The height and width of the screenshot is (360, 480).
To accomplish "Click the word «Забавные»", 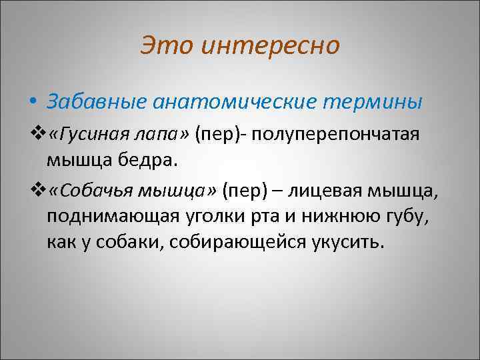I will pyautogui.click(x=97, y=102).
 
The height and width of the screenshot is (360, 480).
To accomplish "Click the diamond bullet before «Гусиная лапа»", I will pyautogui.click(x=45, y=135).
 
